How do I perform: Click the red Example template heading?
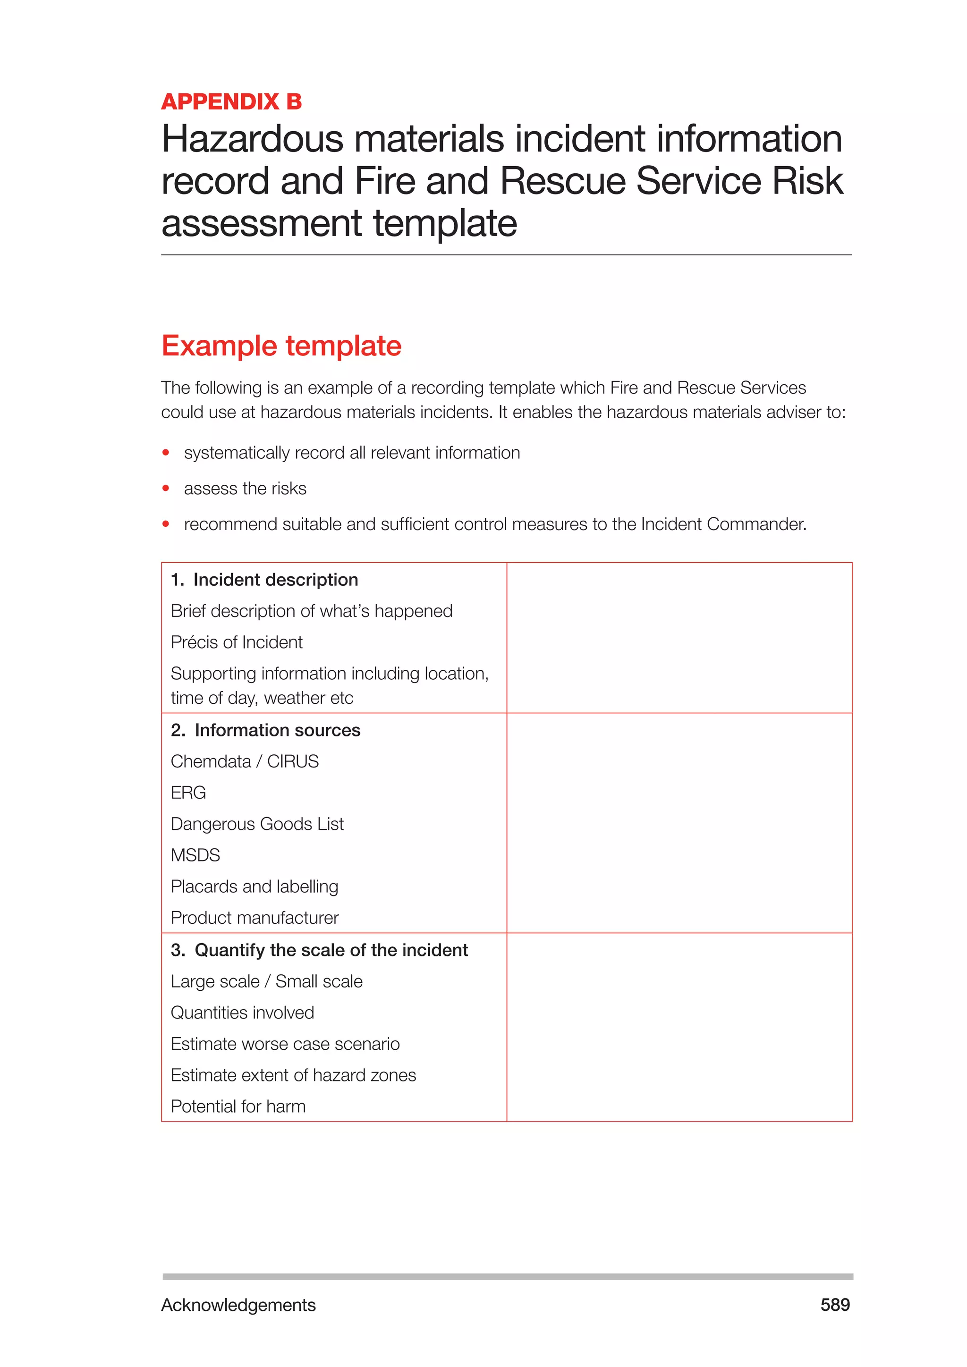[x=281, y=346]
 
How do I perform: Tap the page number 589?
[x=835, y=1305]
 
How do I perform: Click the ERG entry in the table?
[x=188, y=793]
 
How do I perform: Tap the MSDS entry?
[x=195, y=855]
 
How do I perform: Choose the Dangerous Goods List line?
[x=257, y=824]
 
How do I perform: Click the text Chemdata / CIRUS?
[x=244, y=761]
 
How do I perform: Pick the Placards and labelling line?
[x=254, y=886]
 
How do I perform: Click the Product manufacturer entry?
[x=254, y=918]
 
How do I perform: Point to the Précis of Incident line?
[x=237, y=642]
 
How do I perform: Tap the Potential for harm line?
[x=238, y=1106]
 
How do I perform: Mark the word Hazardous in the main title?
[x=253, y=139]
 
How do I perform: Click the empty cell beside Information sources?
[x=679, y=823]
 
